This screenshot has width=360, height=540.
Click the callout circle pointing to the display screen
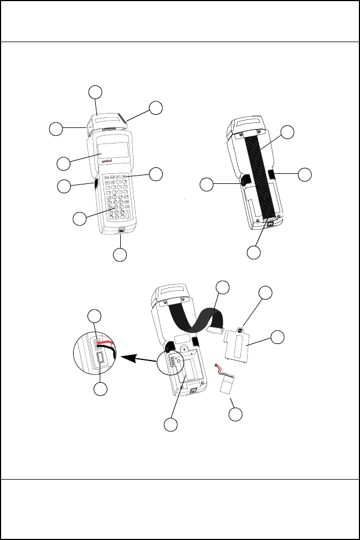point(64,163)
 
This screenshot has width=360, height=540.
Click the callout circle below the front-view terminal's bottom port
point(120,255)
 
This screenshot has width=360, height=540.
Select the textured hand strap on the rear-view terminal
point(262,177)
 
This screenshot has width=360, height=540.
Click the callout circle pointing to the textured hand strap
point(287,132)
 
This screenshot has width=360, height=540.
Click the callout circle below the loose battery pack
point(237,415)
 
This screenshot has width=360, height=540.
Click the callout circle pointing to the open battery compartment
point(171,425)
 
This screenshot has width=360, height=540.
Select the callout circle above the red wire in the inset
point(95,316)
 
